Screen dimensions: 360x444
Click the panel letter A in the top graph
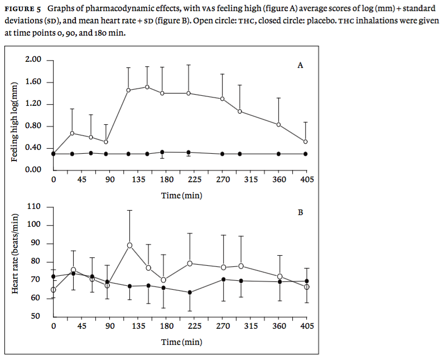300,65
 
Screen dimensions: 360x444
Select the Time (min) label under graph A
181,195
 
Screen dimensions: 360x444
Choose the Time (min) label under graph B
181,342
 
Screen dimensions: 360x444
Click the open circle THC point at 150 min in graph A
147,87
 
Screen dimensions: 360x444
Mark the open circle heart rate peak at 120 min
129,245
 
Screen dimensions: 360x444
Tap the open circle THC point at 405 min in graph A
306,142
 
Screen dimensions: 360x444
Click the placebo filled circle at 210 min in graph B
190,293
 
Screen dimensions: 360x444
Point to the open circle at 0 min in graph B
53,290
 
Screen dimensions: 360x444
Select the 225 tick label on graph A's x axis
195,179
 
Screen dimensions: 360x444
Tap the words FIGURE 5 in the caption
24,9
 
